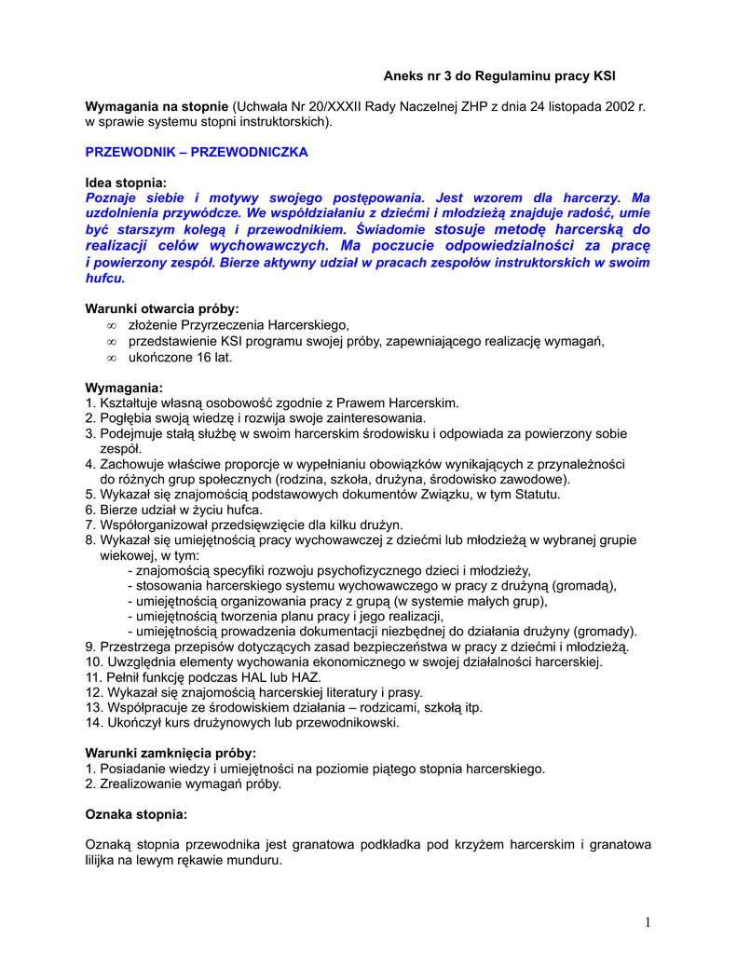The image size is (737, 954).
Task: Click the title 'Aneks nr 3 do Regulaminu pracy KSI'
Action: tap(500, 75)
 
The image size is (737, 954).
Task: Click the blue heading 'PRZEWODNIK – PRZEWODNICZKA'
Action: tap(197, 151)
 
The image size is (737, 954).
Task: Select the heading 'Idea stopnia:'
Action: tap(126, 184)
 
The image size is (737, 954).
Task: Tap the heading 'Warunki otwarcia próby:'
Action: tap(162, 308)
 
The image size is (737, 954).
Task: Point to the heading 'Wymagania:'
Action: tap(124, 388)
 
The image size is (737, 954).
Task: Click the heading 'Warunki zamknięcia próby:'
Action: tap(171, 753)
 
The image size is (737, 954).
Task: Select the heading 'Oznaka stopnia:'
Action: tap(136, 814)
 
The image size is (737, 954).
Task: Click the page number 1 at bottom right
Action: tap(647, 922)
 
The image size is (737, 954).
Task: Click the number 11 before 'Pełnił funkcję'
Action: tap(91, 677)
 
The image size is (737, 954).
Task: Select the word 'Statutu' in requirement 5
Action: tap(536, 495)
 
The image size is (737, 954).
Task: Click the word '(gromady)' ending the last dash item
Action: tap(605, 630)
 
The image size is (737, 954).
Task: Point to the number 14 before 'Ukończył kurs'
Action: tap(91, 723)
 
